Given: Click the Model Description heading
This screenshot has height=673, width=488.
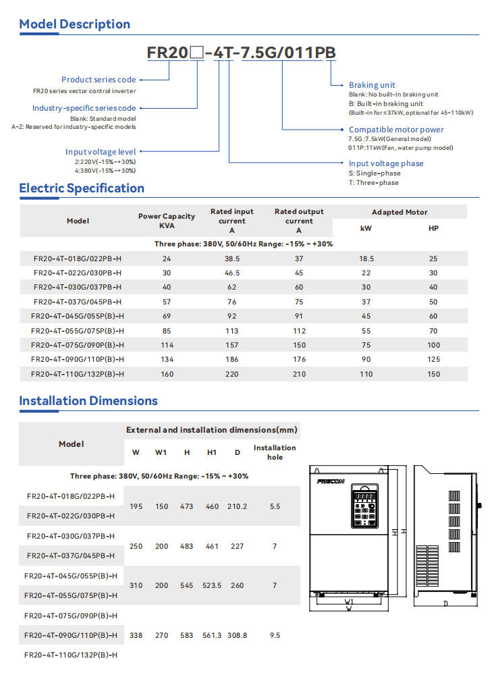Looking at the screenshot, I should point(74,24).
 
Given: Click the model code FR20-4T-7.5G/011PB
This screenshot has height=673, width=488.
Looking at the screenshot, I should point(241,53).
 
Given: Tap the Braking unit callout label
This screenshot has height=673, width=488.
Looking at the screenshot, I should point(372,85).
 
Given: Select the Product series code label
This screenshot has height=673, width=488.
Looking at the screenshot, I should point(99,80).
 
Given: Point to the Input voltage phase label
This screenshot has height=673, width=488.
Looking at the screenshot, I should point(386,163).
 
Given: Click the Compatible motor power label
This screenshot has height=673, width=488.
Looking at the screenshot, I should point(396,130).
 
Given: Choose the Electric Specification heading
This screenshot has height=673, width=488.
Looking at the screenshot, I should point(82,188).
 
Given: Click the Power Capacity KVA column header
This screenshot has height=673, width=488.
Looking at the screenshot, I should point(167,221).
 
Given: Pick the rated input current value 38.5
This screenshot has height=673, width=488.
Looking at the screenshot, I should point(232,259).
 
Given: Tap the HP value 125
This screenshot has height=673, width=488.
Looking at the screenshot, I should point(433,360).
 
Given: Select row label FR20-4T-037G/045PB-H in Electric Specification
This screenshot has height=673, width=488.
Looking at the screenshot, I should point(78,302).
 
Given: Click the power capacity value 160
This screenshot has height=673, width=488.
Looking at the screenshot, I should point(167,374).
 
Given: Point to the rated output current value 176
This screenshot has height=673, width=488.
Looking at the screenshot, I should point(299,360).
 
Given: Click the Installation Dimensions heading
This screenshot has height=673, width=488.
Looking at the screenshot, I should point(88,401).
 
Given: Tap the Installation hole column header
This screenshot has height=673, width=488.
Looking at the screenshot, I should point(275,452).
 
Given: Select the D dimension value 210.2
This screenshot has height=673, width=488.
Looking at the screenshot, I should point(237,506).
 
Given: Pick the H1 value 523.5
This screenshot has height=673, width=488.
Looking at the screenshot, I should point(212,586).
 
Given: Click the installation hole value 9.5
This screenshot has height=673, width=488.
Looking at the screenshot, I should point(275,636).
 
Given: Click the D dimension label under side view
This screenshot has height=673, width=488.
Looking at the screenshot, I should point(445,603).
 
